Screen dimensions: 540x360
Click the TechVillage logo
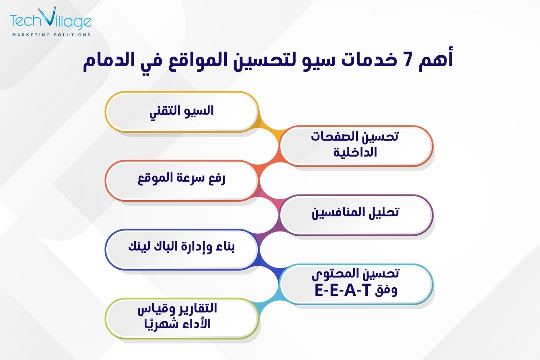click(x=51, y=21)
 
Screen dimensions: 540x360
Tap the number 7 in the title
click(x=408, y=60)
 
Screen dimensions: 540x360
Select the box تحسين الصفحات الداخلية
click(x=356, y=146)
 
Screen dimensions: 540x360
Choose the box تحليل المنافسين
click(x=356, y=215)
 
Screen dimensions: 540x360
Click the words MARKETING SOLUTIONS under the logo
click(x=51, y=35)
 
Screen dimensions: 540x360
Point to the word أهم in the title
click(x=436, y=59)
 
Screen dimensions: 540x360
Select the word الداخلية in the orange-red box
click(x=355, y=152)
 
